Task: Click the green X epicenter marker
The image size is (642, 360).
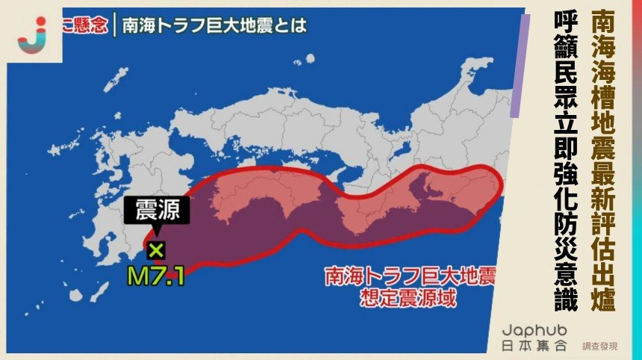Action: point(156,249)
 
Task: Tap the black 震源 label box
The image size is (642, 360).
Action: point(157,211)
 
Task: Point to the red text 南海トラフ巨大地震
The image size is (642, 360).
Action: point(410,277)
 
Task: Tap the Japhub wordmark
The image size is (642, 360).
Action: point(535,329)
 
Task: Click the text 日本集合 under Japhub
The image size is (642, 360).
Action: point(535,346)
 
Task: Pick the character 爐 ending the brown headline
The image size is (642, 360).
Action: point(602,301)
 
